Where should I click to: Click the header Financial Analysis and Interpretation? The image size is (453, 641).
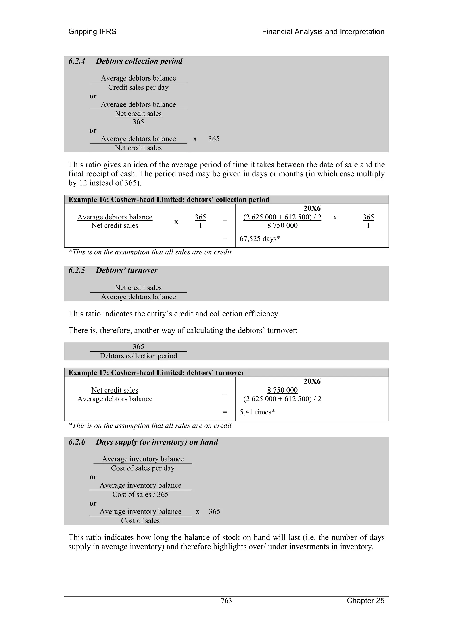323,32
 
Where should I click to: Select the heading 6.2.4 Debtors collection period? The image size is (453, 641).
125,61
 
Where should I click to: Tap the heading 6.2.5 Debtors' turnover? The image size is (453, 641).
113,270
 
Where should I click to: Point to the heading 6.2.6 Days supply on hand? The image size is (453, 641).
143,442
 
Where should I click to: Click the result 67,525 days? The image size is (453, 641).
260,239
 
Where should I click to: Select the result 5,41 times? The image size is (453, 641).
257,412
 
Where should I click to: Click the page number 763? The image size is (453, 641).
226,601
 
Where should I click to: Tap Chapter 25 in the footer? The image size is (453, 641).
365,601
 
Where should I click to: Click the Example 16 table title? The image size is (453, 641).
169,200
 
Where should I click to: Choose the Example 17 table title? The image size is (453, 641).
156,373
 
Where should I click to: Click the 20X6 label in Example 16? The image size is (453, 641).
312,208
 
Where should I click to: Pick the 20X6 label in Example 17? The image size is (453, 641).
312,381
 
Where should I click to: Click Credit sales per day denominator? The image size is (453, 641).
138,87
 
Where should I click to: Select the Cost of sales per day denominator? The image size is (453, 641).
143,468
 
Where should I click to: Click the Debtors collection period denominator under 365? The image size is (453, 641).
138,356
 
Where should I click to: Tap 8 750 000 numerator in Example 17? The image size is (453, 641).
282,390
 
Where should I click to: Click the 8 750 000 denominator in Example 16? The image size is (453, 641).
282,226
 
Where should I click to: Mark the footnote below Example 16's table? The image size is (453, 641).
150,252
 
